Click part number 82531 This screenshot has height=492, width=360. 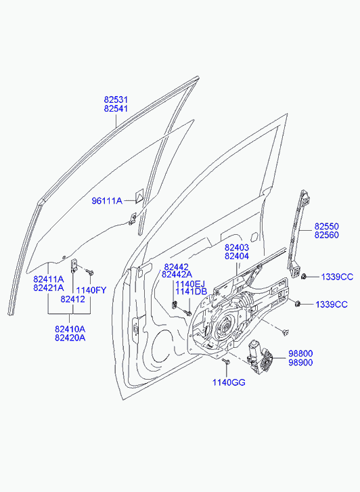pos(116,99)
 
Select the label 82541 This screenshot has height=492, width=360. pos(116,108)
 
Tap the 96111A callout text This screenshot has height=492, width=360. pos(107,201)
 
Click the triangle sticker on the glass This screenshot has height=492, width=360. pos(139,196)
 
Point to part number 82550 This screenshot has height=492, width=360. pos(327,226)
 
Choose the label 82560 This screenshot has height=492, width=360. pos(327,235)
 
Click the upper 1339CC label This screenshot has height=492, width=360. pos(337,277)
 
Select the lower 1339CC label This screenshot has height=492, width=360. pos(332,305)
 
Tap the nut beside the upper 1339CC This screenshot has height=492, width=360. pos(304,277)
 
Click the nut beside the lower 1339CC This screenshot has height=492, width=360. pos(298,303)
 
